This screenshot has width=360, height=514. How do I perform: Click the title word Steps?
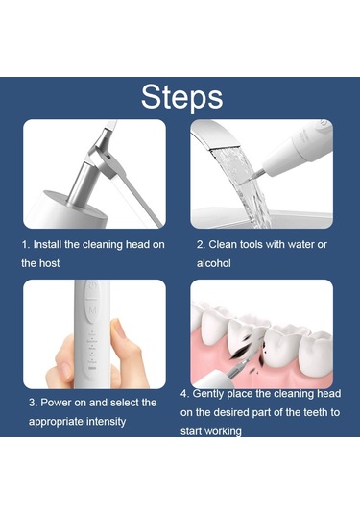click(x=181, y=97)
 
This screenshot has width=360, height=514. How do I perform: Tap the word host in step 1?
click(x=50, y=263)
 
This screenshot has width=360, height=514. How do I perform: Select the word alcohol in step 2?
click(x=213, y=263)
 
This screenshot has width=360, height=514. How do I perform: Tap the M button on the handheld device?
click(x=93, y=310)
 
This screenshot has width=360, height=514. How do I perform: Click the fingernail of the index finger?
click(x=117, y=329)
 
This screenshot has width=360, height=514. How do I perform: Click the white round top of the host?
click(x=65, y=210)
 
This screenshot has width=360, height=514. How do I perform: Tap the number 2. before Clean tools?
click(x=201, y=245)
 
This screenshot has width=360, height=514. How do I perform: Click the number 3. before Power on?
click(x=33, y=403)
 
